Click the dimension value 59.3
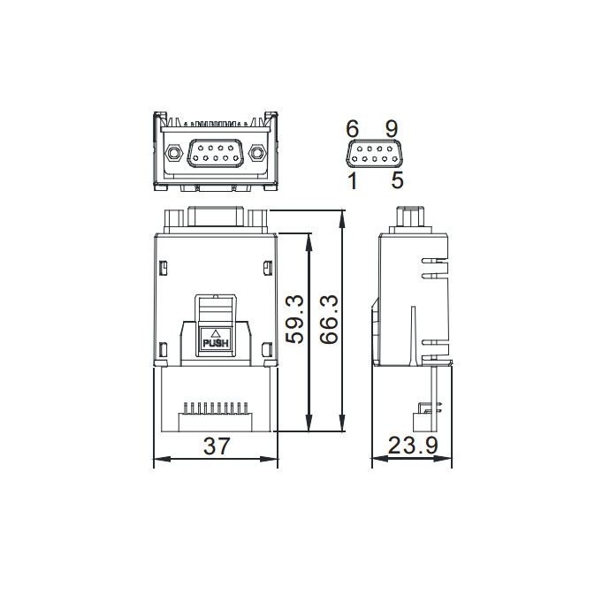coord(294,319)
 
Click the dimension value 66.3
coord(329,319)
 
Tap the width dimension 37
coord(217,446)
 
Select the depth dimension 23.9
coord(413,446)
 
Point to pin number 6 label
coord(353,129)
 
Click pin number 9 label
coord(392,129)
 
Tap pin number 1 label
coord(353,181)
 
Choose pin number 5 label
coord(397,180)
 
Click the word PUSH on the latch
coord(216,344)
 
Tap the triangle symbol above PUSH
coord(215,334)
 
